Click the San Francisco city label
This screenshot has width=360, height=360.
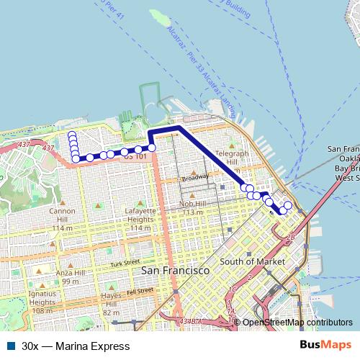[175, 270]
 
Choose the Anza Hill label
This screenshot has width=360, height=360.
[70, 277]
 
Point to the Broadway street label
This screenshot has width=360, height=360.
[194, 178]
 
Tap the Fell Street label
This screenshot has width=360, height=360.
[140, 291]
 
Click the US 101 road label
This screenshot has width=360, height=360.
[135, 156]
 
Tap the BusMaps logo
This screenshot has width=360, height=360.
[325, 346]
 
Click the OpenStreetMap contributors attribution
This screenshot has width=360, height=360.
[297, 323]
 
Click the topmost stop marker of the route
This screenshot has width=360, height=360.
[72, 135]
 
